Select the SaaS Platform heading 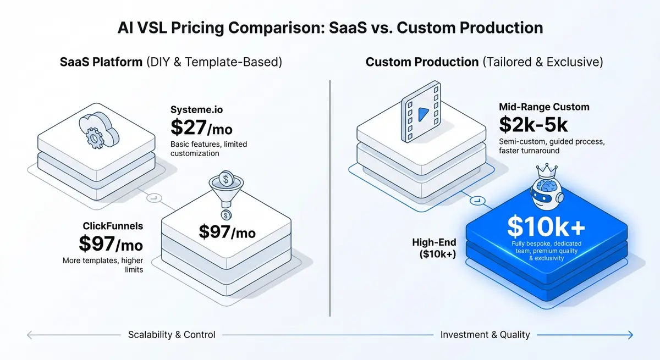[101, 62]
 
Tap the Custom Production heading [422, 62]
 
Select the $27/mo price [201, 128]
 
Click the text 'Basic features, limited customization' [208, 148]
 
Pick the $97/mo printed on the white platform [227, 232]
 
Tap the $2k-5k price [533, 125]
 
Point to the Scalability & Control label [172, 334]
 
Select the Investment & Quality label [485, 334]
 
